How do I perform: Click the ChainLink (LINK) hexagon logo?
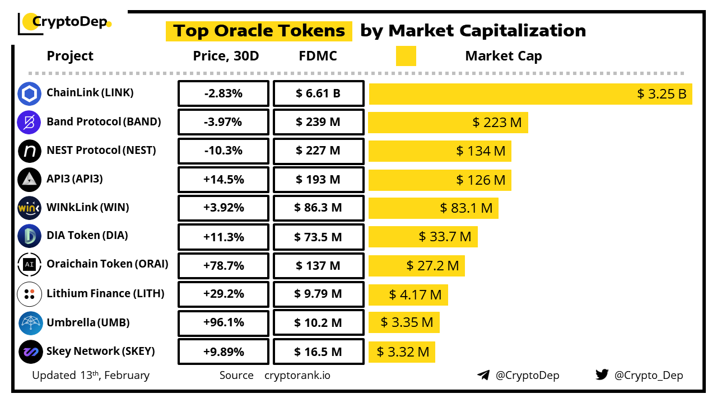point(29,93)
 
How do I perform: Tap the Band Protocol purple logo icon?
point(29,123)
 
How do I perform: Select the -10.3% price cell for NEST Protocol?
point(223,151)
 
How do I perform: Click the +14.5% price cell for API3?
point(223,180)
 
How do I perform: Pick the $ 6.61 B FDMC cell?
point(318,93)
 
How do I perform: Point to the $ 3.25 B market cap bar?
point(530,94)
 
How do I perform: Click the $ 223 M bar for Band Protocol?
point(448,123)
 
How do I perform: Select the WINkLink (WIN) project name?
point(88,208)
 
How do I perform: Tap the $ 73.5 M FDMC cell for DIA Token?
point(318,237)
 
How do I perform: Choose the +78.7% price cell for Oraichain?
point(223,266)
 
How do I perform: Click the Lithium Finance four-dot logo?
point(29,294)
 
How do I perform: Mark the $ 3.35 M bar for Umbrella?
point(404,322)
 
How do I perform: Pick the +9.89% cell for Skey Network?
point(223,352)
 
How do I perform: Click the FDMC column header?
point(318,56)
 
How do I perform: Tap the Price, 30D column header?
point(226,56)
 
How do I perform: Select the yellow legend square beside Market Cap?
point(406,56)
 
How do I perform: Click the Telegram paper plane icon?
point(483,375)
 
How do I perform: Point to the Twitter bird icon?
point(602,374)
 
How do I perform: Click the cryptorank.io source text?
point(297,375)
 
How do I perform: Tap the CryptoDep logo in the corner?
point(64,22)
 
